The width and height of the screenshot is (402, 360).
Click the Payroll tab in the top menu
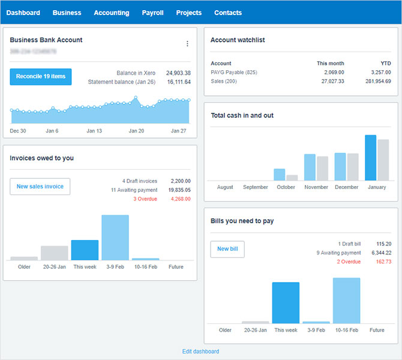[152, 13]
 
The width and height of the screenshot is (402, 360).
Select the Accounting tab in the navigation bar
[112, 13]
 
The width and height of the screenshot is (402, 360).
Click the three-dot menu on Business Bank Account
[187, 44]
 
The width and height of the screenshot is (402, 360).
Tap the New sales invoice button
[40, 187]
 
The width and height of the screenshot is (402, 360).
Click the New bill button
[227, 249]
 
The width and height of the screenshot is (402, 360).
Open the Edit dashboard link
[201, 352]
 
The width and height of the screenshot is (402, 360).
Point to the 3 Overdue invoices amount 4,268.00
[178, 199]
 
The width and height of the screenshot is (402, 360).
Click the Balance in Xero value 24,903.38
[178, 73]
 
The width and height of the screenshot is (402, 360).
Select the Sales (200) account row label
[224, 81]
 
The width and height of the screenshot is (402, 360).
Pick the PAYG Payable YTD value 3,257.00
[379, 72]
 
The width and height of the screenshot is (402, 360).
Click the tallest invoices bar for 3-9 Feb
[115, 238]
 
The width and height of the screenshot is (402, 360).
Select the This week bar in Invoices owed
[85, 250]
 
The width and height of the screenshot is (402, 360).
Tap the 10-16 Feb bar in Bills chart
[346, 301]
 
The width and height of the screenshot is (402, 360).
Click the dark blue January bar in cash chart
[371, 157]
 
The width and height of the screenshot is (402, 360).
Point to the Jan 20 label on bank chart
[137, 131]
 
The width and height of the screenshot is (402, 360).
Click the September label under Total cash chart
[256, 187]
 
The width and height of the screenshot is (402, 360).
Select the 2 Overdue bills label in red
[349, 262]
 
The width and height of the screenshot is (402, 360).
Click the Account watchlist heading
[238, 40]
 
